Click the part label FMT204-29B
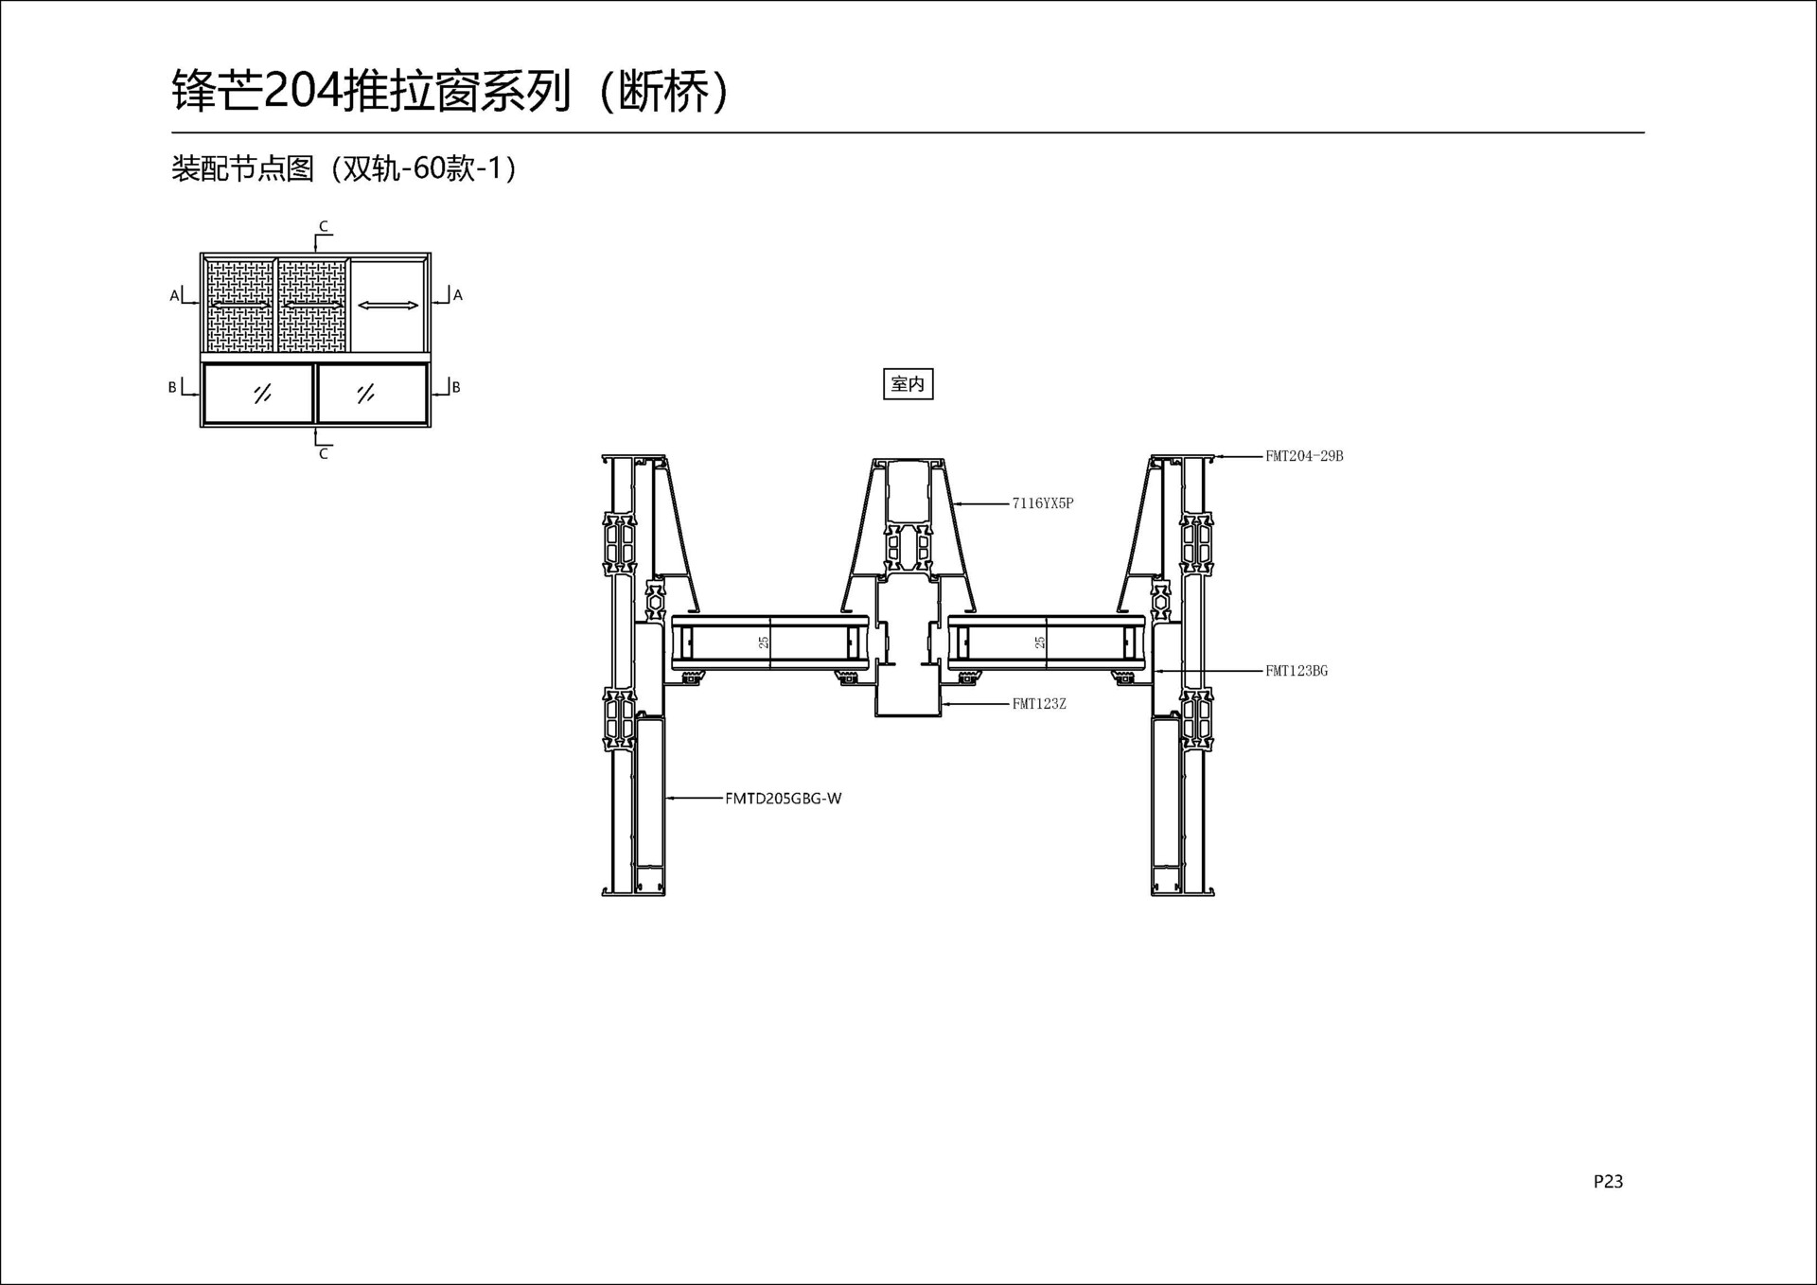(x=1304, y=456)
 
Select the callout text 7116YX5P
(x=1043, y=503)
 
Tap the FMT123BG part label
(x=1297, y=671)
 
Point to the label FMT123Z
(x=1039, y=704)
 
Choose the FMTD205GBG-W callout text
(x=784, y=798)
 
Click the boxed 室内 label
(x=908, y=384)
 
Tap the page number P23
(x=1608, y=1181)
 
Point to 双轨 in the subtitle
(x=373, y=168)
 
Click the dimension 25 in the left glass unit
(x=764, y=642)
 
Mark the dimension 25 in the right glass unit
(x=1040, y=642)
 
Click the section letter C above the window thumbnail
(x=324, y=226)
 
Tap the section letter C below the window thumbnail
(x=324, y=454)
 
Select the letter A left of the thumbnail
(x=174, y=296)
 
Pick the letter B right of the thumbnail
(x=456, y=387)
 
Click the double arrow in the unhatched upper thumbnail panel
(x=388, y=305)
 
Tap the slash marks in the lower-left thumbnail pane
(x=263, y=394)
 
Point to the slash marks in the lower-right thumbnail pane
(x=366, y=394)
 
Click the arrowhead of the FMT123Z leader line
(x=943, y=704)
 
